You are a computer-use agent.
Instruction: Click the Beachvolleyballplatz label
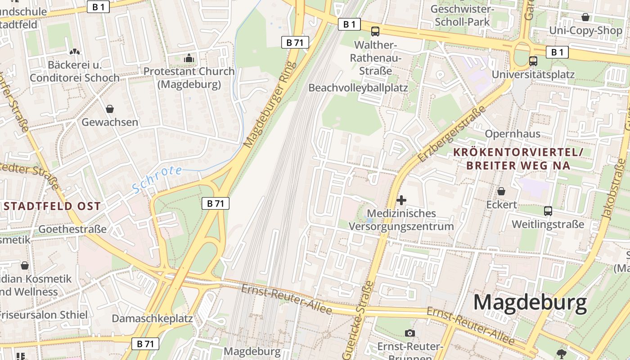pyautogui.click(x=358, y=88)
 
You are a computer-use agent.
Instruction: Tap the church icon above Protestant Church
pyautogui.click(x=189, y=58)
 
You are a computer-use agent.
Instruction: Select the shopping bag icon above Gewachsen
pyautogui.click(x=109, y=108)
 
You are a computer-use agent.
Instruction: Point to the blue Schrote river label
pyautogui.click(x=157, y=179)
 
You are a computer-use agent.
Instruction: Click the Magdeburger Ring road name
pyautogui.click(x=270, y=104)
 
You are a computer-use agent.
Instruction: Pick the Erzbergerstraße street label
pyautogui.click(x=452, y=134)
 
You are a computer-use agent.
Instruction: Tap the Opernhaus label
pyautogui.click(x=513, y=134)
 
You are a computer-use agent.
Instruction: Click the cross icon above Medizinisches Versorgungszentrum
pyautogui.click(x=401, y=200)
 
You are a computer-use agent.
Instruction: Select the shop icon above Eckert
pyautogui.click(x=501, y=192)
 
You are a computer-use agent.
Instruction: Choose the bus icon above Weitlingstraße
pyautogui.click(x=548, y=211)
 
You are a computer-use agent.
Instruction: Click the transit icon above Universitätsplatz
pyautogui.click(x=533, y=61)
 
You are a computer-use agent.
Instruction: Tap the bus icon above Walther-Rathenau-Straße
pyautogui.click(x=375, y=31)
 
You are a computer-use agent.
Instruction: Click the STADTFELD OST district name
pyautogui.click(x=52, y=207)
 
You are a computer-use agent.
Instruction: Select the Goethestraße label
pyautogui.click(x=72, y=229)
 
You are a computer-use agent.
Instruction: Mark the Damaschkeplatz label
pyautogui.click(x=152, y=319)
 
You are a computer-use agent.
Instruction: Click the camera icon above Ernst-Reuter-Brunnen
pyautogui.click(x=409, y=333)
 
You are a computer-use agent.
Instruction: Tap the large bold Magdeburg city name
pyautogui.click(x=530, y=302)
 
